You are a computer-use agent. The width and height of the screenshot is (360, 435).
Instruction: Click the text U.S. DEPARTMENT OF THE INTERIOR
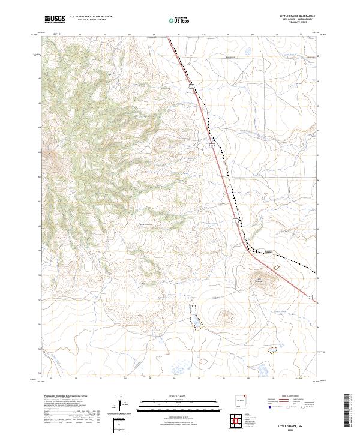pos(91,16)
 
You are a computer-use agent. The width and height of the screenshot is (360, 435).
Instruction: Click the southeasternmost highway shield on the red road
pos(309,296)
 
